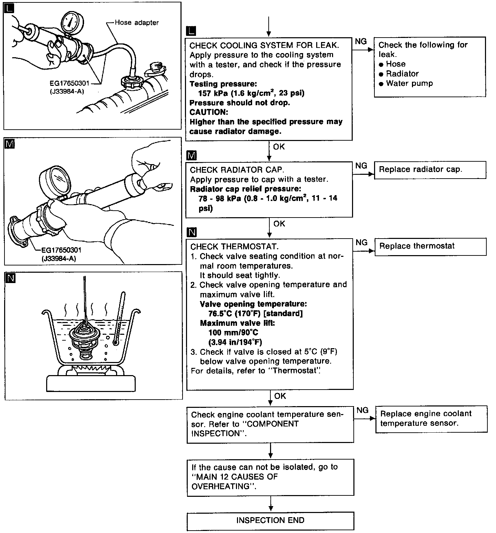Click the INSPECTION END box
click(270, 521)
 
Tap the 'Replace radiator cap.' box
click(430, 170)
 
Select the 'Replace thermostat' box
click(430, 247)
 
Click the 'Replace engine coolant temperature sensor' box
click(431, 419)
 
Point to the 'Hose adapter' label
click(137, 23)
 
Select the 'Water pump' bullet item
click(409, 83)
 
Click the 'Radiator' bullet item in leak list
click(402, 74)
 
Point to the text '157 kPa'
click(213, 93)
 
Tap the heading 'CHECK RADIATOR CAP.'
click(237, 170)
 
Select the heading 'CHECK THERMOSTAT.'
click(234, 247)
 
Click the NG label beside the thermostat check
click(361, 243)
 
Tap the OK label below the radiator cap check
click(279, 224)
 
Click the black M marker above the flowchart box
click(191, 155)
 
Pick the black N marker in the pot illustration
click(11, 278)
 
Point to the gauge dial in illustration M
click(56, 178)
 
